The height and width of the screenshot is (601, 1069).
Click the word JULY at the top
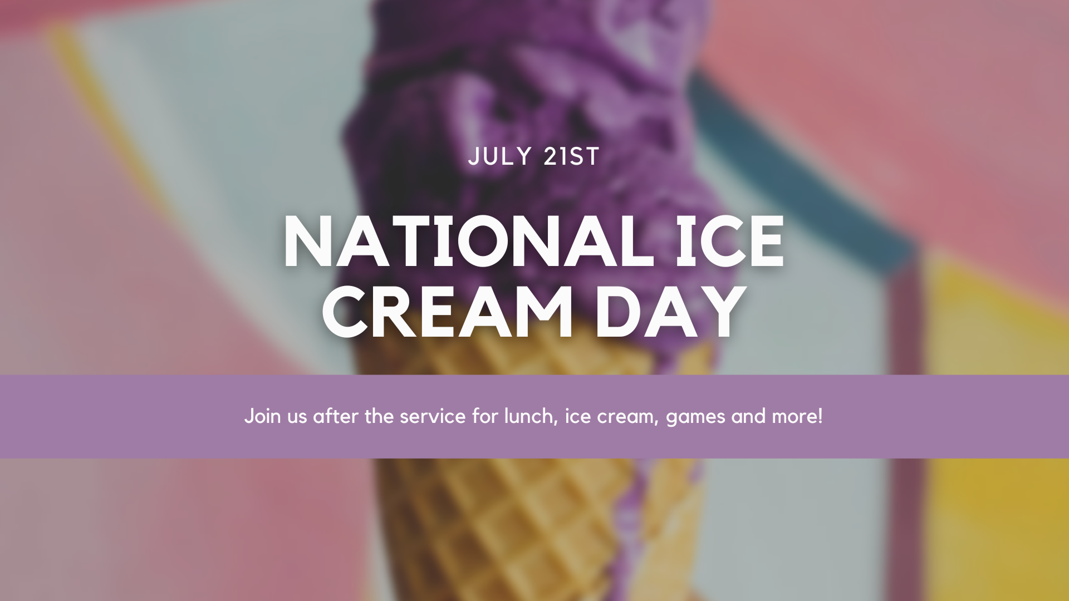pos(500,156)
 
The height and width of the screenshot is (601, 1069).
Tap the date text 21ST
pos(571,156)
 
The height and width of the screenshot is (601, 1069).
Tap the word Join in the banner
pos(263,417)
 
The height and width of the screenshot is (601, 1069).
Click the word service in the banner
pos(433,417)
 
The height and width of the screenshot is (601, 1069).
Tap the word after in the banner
pos(336,416)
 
